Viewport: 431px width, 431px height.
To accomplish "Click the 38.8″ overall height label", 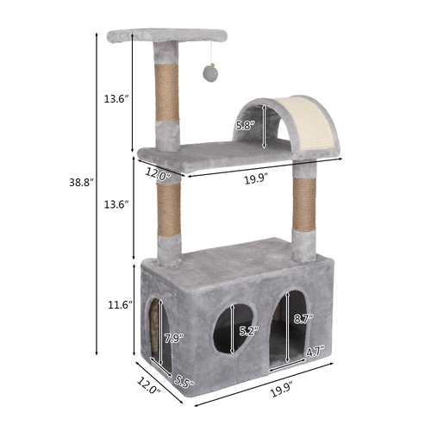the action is (82, 183).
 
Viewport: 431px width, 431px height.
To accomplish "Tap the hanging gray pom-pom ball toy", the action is (210, 74).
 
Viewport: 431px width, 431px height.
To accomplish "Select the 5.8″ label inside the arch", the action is (246, 126).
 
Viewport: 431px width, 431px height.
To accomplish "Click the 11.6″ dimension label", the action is (120, 305).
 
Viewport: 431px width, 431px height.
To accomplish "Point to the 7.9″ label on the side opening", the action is (174, 339).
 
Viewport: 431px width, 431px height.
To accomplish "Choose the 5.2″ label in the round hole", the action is (249, 331).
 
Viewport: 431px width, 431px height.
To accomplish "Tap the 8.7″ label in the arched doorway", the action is (303, 319).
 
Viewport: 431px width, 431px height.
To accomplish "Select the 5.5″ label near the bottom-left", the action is (184, 381).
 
